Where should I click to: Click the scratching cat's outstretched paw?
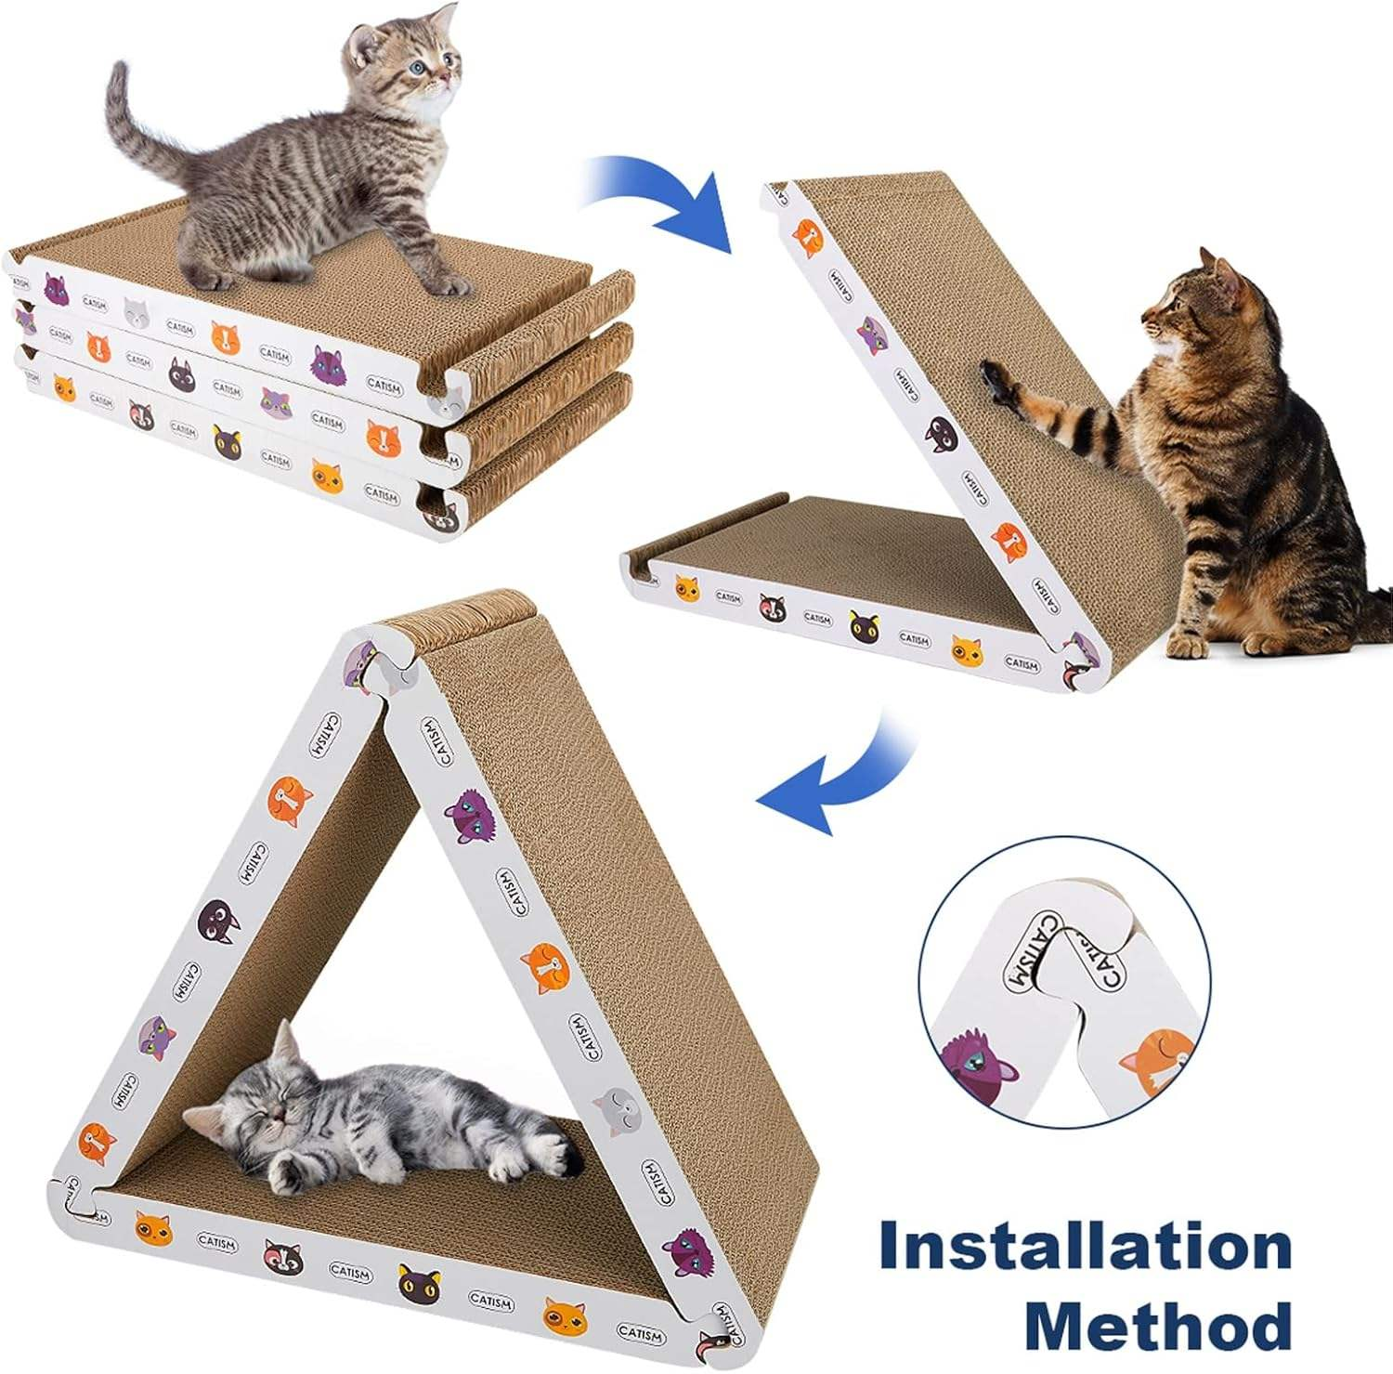click(x=999, y=386)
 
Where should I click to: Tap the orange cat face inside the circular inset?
click(x=1157, y=1059)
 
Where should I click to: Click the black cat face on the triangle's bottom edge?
click(x=419, y=1283)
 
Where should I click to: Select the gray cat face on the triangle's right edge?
click(x=614, y=1110)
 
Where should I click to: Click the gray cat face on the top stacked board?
click(x=137, y=313)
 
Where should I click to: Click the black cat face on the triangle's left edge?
click(x=216, y=920)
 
